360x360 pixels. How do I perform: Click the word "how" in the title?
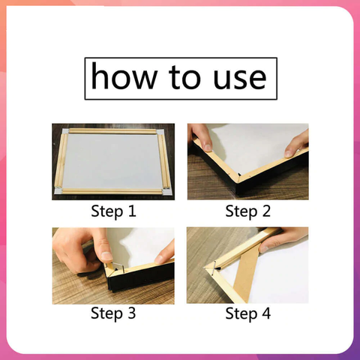pos(124,76)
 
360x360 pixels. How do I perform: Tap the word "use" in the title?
pos(240,78)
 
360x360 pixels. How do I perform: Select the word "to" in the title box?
pos(184,77)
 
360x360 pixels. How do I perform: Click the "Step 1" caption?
pos(113,211)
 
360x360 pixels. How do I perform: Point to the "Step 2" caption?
pos(247,211)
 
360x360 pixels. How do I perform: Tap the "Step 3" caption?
pos(113,313)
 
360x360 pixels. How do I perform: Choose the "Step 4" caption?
pos(247,313)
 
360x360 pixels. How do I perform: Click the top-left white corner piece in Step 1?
pos(65,131)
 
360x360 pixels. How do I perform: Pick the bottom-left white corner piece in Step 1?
pos(57,191)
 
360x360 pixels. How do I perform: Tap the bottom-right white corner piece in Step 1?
pos(166,192)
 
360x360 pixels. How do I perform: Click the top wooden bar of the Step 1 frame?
pos(112,131)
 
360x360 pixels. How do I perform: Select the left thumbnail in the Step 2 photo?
pos(207,147)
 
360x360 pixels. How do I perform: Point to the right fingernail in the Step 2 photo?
pos(289,154)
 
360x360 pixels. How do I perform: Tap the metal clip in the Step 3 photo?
pos(118,268)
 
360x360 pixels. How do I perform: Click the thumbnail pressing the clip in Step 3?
pos(106,257)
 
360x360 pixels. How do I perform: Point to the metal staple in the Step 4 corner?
pos(214,268)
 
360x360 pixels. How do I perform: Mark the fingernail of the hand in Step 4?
pos(264,249)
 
